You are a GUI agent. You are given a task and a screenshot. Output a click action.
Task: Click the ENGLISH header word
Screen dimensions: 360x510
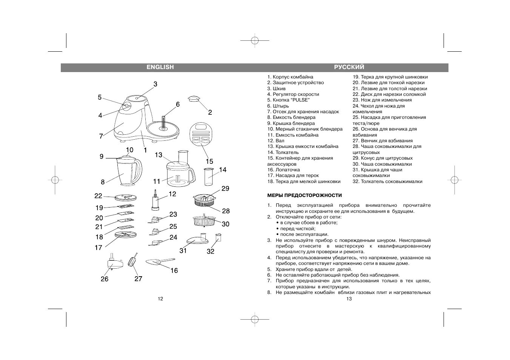(x=160, y=67)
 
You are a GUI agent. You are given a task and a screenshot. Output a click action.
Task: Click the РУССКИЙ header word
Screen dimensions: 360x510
(x=349, y=67)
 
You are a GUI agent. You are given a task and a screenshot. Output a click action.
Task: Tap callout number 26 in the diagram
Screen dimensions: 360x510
(x=105, y=279)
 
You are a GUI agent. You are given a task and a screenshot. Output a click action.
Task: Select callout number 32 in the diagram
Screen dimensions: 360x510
(x=210, y=251)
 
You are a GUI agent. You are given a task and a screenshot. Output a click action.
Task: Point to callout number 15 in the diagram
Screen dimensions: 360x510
(x=209, y=161)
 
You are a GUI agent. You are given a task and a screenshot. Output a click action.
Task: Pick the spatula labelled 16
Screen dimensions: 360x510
(x=159, y=262)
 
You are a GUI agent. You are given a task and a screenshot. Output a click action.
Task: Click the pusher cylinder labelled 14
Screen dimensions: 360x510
(x=209, y=177)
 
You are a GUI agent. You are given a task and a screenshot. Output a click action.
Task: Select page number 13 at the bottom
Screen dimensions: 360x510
(x=349, y=299)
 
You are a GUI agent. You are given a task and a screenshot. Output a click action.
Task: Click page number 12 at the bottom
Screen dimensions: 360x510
(x=160, y=299)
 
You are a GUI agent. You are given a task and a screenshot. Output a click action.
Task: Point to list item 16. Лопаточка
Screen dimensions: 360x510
(x=284, y=170)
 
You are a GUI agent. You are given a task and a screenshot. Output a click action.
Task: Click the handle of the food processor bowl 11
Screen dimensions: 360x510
(x=192, y=174)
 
